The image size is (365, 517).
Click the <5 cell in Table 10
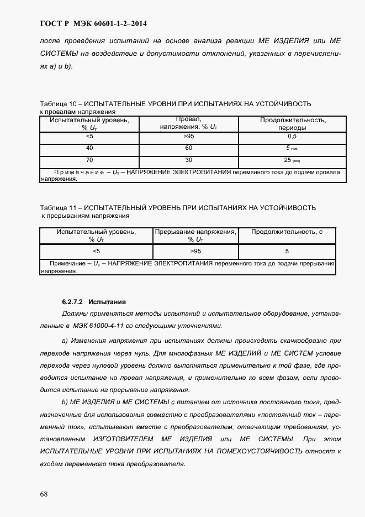pos(89,136)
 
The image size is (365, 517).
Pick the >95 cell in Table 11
pos(195,251)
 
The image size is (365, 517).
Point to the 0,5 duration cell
pos(292,136)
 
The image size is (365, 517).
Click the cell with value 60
pos(188,148)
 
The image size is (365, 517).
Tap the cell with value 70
pos(89,160)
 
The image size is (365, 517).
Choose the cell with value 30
pos(188,160)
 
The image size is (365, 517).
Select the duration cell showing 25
pos(288,160)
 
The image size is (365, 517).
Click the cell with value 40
pos(89,148)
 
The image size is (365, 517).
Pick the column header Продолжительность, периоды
pos(293,124)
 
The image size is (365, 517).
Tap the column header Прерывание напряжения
pos(195,232)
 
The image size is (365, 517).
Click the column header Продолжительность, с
pos(287,232)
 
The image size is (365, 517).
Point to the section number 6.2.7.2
pos(72,302)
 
